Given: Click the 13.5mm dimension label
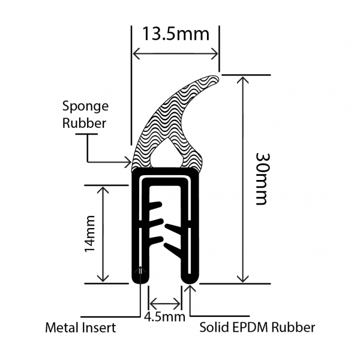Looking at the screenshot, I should tap(175, 34).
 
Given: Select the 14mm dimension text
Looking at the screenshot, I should tap(88, 233).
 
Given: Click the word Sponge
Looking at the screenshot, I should tap(86, 107).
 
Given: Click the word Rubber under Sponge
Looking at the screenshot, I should tap(84, 124).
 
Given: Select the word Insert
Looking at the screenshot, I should tap(98, 328).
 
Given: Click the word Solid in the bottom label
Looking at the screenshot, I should tap(213, 328).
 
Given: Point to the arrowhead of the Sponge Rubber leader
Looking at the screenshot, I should tap(128, 161).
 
